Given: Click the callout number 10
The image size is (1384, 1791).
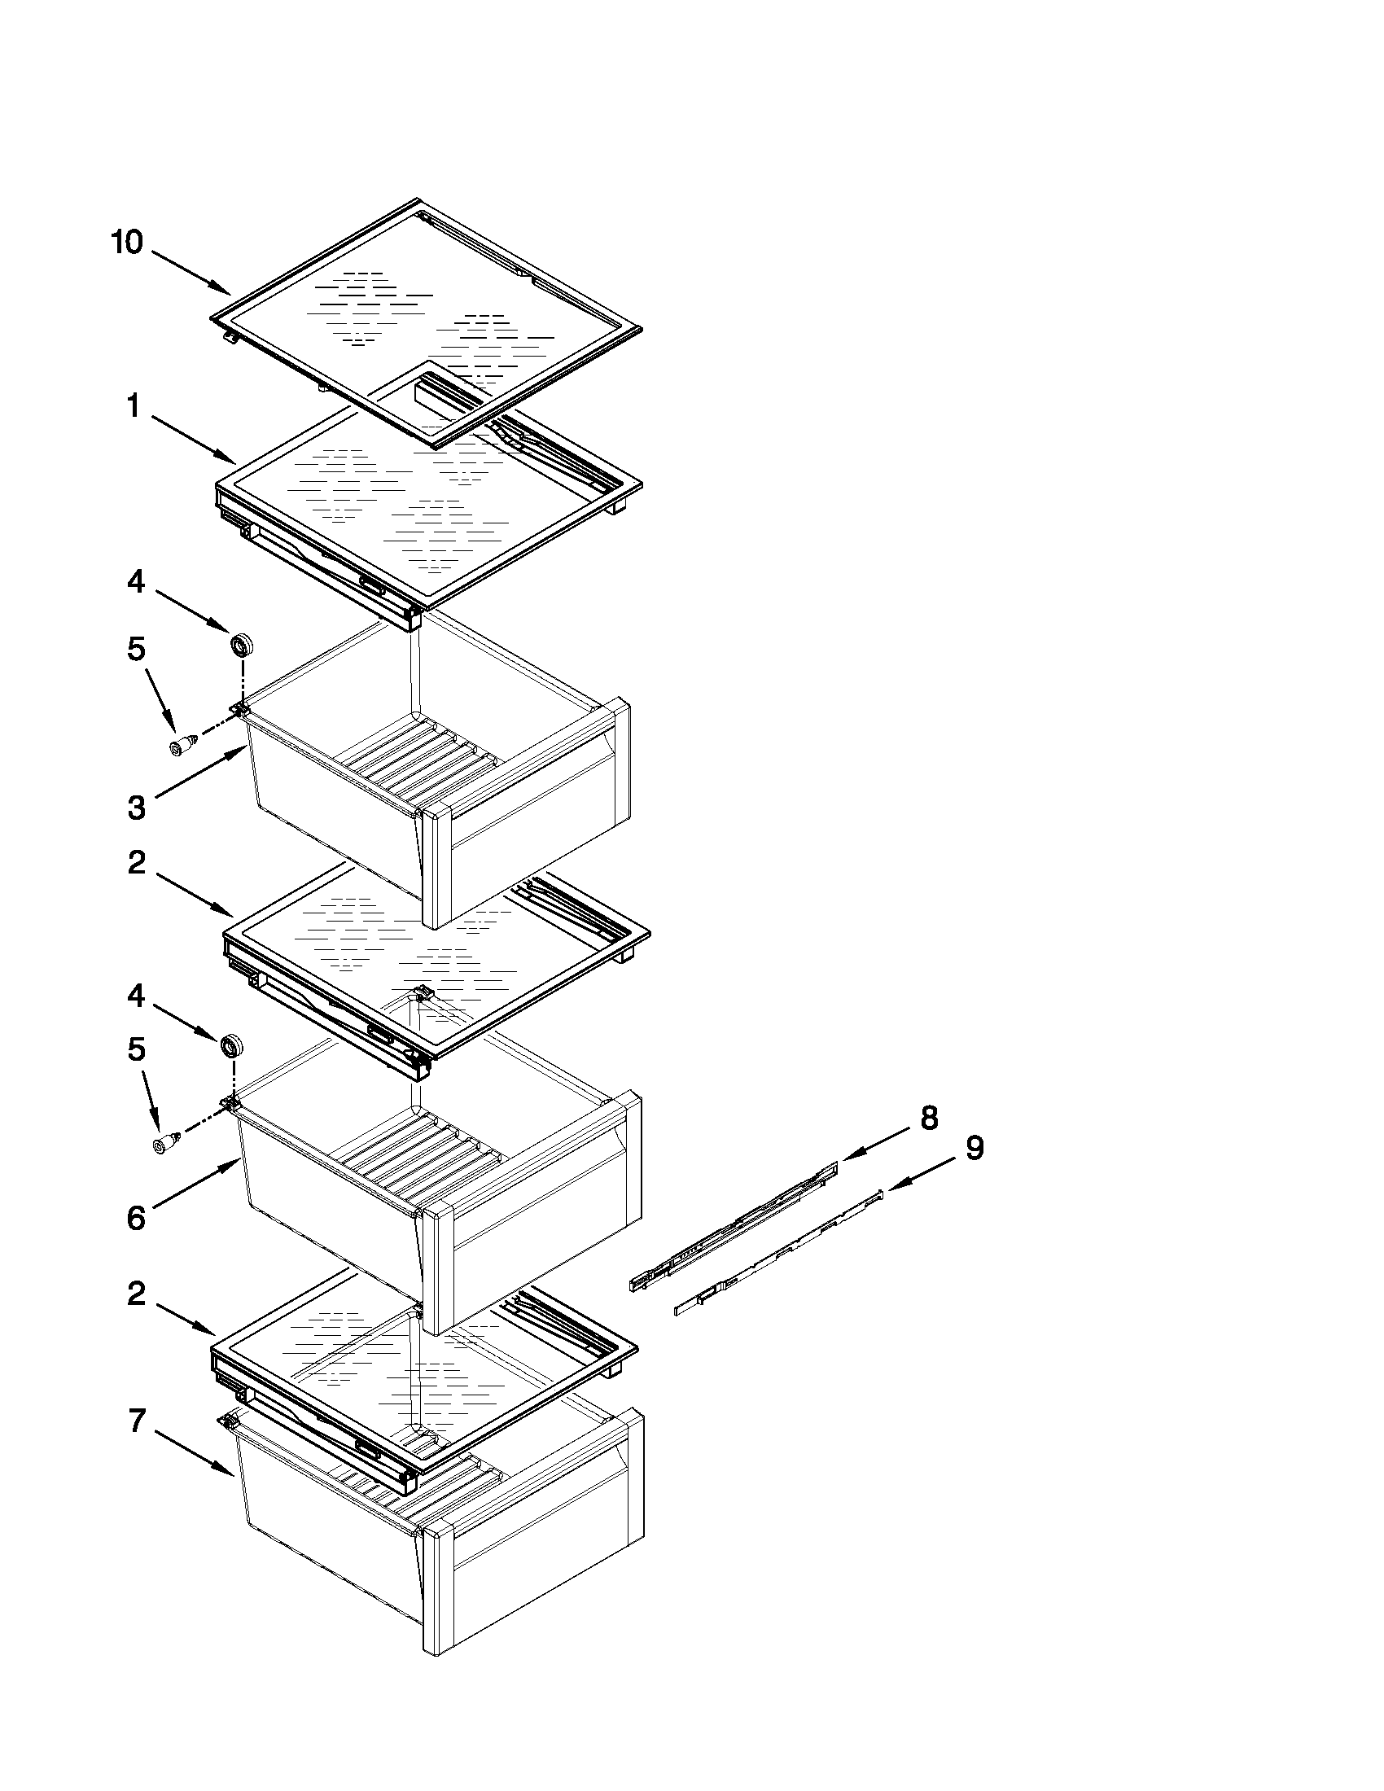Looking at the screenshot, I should pyautogui.click(x=127, y=243).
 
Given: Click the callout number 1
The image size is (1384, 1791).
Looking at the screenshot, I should pyautogui.click(x=134, y=406).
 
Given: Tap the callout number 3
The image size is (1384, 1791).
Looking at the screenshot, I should pyautogui.click(x=136, y=808).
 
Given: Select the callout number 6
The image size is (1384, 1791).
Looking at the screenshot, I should pyautogui.click(x=136, y=1218).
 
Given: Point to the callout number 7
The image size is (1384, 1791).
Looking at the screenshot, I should pyautogui.click(x=137, y=1421).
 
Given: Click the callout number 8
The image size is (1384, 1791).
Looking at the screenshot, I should pyautogui.click(x=929, y=1117).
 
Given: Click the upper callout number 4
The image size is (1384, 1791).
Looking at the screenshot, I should pyautogui.click(x=136, y=581).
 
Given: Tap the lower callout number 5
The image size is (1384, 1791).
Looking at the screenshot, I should pyautogui.click(x=136, y=1049).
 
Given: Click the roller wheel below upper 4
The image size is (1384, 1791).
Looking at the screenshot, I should pyautogui.click(x=241, y=645).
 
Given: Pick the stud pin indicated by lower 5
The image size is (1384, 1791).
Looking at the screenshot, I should pyautogui.click(x=166, y=1143).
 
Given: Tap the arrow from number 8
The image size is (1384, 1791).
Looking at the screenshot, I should pyautogui.click(x=876, y=1142).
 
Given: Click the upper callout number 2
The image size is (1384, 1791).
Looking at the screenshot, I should pyautogui.click(x=137, y=862).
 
